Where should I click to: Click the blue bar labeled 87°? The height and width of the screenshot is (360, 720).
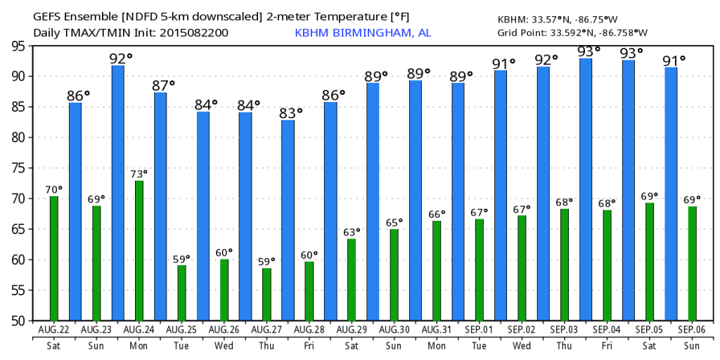(160, 206)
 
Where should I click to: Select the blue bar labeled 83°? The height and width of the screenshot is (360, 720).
(288, 220)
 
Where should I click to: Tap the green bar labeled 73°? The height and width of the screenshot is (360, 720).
(139, 251)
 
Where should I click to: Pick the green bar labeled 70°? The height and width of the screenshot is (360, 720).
(53, 259)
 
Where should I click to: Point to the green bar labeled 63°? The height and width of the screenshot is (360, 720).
(352, 280)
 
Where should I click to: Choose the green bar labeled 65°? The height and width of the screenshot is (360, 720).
(394, 275)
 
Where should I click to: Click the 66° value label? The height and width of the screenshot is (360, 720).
(437, 214)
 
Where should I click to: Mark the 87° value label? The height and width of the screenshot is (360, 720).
(164, 85)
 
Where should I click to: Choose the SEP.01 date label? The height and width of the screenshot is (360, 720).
(479, 330)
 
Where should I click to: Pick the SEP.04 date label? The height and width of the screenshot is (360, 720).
(607, 330)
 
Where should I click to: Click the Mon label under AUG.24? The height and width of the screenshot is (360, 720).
(139, 345)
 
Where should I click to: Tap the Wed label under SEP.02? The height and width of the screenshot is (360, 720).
(522, 345)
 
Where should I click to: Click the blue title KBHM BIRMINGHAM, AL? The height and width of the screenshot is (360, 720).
(363, 33)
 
